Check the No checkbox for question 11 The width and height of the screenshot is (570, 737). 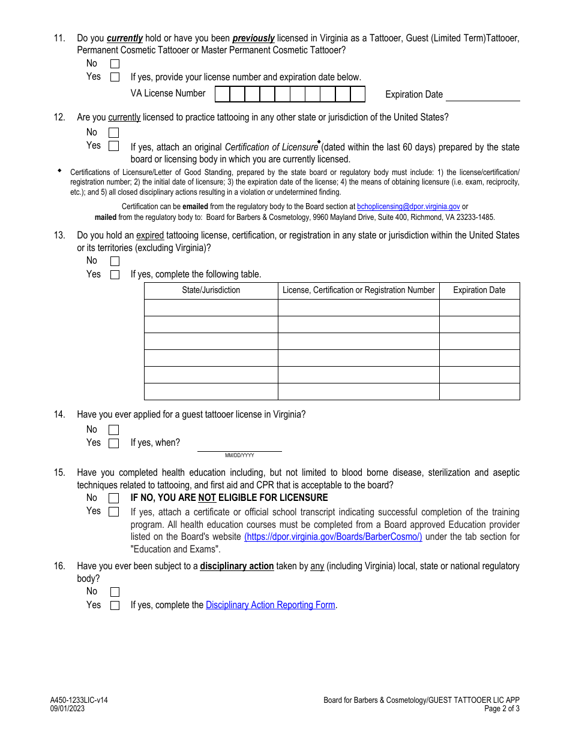point(115,64)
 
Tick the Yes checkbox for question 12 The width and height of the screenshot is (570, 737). point(113,146)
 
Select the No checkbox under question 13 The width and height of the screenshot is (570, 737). point(115,261)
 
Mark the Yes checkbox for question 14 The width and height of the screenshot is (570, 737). point(113,443)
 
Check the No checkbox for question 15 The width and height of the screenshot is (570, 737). point(113,498)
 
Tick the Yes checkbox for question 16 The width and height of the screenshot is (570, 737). point(115,605)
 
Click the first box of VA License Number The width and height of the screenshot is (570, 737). point(222,94)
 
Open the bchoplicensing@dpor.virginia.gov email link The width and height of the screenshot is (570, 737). point(408,206)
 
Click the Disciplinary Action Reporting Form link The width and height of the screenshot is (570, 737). point(270,605)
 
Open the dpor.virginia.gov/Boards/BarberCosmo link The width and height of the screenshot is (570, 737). point(333,537)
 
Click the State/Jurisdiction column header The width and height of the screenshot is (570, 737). point(211,291)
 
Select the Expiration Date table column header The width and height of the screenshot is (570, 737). point(479,291)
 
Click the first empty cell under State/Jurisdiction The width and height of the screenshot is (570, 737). point(211,308)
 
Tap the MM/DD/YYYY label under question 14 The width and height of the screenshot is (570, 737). point(239,456)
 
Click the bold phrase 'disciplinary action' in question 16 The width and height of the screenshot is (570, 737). point(236,566)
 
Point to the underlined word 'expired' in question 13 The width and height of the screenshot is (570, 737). point(150,235)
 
